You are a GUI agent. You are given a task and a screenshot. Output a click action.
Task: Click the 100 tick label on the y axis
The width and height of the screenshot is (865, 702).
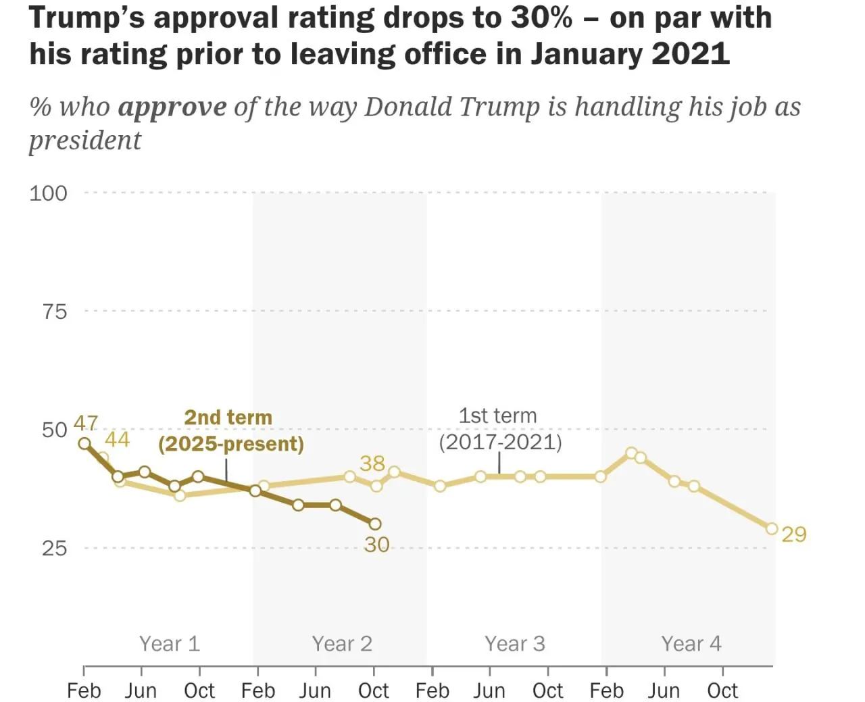(48, 193)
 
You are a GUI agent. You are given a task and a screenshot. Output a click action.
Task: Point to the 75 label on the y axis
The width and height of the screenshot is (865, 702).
(55, 312)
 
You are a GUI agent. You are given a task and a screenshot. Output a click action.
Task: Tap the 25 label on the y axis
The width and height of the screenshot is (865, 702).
(55, 548)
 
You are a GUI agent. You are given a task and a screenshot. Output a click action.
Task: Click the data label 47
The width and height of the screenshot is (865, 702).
(86, 424)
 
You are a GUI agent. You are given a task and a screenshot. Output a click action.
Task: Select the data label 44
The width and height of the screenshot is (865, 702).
(118, 440)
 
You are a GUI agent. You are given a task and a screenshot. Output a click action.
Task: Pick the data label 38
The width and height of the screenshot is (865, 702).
(372, 463)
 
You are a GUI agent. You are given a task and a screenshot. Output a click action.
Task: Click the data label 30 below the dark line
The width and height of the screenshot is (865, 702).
(376, 545)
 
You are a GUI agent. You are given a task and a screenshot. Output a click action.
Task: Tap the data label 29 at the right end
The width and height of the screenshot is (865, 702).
(794, 534)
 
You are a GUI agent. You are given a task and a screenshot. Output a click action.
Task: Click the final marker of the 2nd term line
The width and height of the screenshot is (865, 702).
(375, 524)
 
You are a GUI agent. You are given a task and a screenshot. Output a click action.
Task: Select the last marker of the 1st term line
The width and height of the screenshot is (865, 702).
(772, 529)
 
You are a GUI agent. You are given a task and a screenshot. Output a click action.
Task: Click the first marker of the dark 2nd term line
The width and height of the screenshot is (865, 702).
(84, 443)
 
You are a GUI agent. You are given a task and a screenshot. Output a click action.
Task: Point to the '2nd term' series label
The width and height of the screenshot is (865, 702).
(230, 431)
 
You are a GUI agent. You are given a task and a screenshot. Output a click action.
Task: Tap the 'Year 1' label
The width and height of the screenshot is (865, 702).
(170, 644)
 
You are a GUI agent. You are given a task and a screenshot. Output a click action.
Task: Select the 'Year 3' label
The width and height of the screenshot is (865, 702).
(514, 644)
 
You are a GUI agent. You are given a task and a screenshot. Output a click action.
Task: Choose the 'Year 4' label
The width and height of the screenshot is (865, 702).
(691, 644)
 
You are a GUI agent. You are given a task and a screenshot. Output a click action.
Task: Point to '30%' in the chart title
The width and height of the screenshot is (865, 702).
(541, 18)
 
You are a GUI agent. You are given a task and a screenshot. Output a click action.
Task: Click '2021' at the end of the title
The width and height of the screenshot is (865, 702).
(690, 53)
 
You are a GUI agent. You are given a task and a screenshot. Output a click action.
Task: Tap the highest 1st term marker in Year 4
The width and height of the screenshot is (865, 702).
(631, 453)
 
